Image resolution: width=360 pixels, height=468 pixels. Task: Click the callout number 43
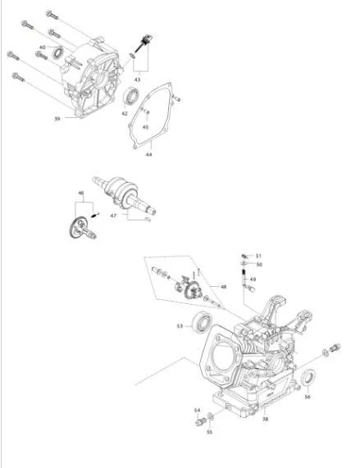pyautogui.click(x=137, y=80)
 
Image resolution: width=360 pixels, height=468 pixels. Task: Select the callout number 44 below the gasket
pyautogui.click(x=148, y=154)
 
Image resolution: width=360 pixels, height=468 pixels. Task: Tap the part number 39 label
pyautogui.click(x=57, y=119)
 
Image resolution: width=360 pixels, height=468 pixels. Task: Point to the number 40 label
pyautogui.click(x=43, y=48)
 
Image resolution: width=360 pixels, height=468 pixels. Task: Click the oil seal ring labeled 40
pyautogui.click(x=57, y=52)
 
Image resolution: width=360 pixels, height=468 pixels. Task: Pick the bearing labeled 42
pyautogui.click(x=131, y=96)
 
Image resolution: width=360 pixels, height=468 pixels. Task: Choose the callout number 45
pyautogui.click(x=145, y=127)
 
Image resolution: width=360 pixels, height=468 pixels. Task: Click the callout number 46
pyautogui.click(x=81, y=193)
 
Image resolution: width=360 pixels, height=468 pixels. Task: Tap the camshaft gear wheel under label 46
pyautogui.click(x=78, y=227)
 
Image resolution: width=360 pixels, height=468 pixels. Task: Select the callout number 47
pyautogui.click(x=113, y=216)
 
